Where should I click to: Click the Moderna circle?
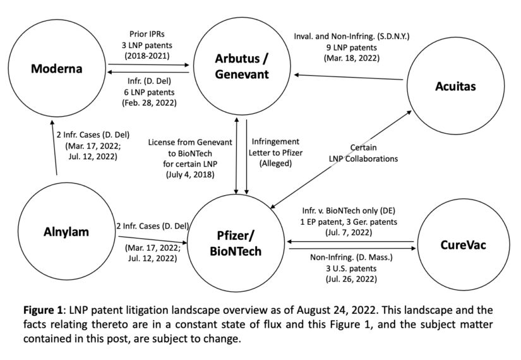[x=57, y=68]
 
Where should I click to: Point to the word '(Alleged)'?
[x=275, y=163]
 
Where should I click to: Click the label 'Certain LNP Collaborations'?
[x=362, y=153]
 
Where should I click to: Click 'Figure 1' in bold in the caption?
[x=43, y=311]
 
